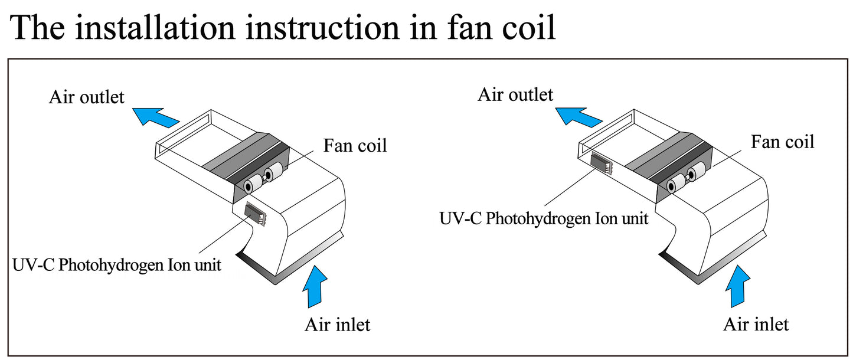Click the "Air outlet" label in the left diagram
point(87,97)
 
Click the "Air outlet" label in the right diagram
point(515,94)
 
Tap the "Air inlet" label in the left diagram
point(337,325)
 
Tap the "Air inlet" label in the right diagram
point(756,324)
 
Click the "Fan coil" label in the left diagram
point(355,145)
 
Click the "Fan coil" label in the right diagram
point(782,142)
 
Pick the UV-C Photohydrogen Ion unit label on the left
point(117,265)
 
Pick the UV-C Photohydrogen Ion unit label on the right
point(544,218)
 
